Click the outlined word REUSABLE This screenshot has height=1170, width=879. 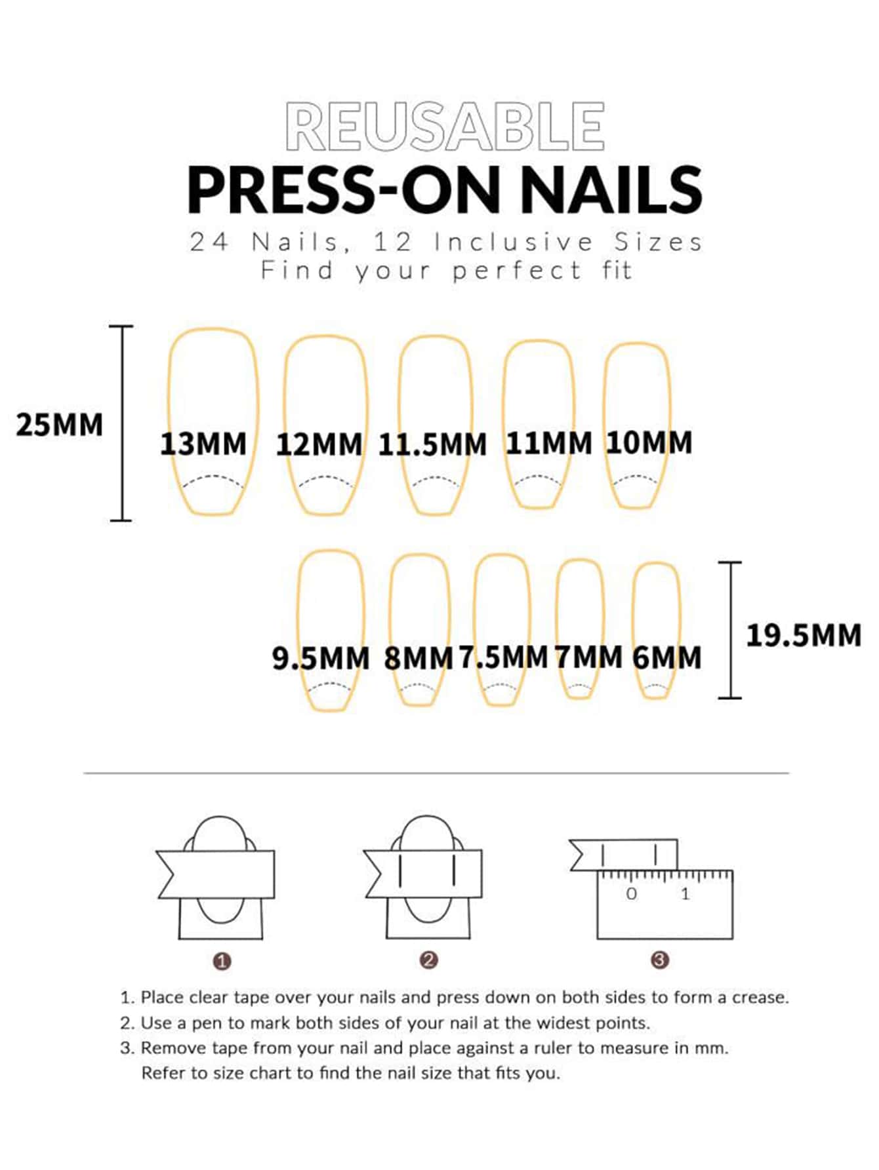point(445,127)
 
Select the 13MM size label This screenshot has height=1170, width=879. point(203,444)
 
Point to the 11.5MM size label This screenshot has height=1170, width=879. point(432,444)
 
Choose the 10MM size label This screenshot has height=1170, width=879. point(649,442)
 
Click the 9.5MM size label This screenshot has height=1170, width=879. point(321,658)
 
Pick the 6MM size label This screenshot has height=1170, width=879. point(667,657)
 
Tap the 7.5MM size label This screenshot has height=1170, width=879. point(503,657)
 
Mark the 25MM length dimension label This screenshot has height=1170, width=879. point(59,425)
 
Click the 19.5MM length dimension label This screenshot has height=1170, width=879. point(804,635)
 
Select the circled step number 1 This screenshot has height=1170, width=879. point(222,962)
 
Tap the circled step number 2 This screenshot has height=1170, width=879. point(428,960)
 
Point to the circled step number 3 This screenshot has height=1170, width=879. point(660,960)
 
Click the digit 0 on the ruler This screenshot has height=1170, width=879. point(631,893)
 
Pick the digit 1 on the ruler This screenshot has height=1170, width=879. point(685,893)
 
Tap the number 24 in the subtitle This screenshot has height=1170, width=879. point(209,243)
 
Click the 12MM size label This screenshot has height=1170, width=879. point(319,444)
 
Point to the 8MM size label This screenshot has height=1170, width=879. point(419,658)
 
